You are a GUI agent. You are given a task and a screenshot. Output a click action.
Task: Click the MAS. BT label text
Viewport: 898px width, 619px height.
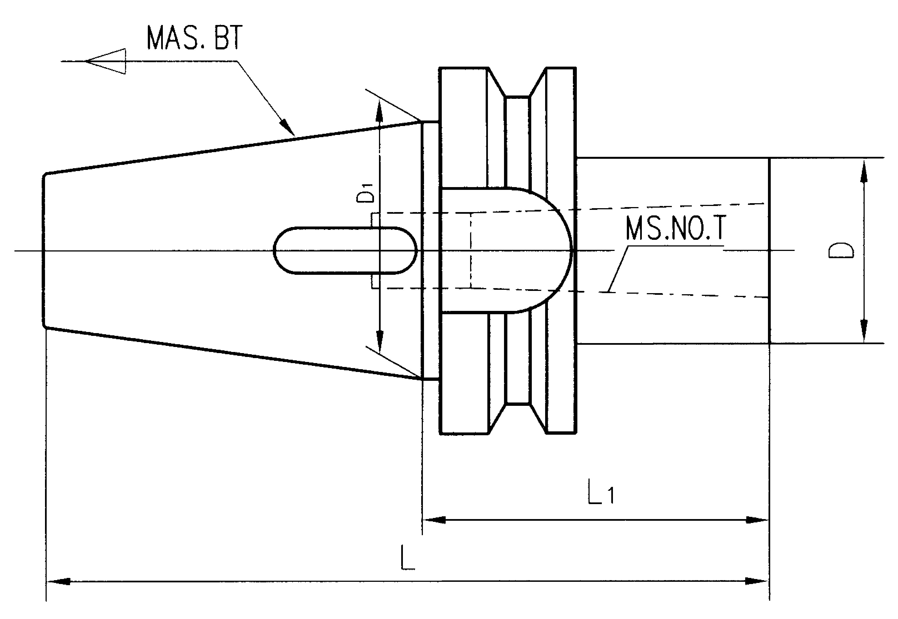(x=194, y=38)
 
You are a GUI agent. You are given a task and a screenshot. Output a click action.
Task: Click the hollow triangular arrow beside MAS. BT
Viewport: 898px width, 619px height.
(x=106, y=61)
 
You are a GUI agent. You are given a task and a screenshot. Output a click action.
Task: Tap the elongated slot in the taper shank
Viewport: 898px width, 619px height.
(x=345, y=251)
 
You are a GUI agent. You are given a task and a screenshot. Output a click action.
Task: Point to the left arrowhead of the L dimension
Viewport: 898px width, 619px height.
(x=58, y=581)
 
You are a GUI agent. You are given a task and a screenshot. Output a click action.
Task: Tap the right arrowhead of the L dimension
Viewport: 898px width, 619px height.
(x=757, y=581)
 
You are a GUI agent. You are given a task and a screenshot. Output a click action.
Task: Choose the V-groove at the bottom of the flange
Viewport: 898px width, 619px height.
(x=517, y=417)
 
